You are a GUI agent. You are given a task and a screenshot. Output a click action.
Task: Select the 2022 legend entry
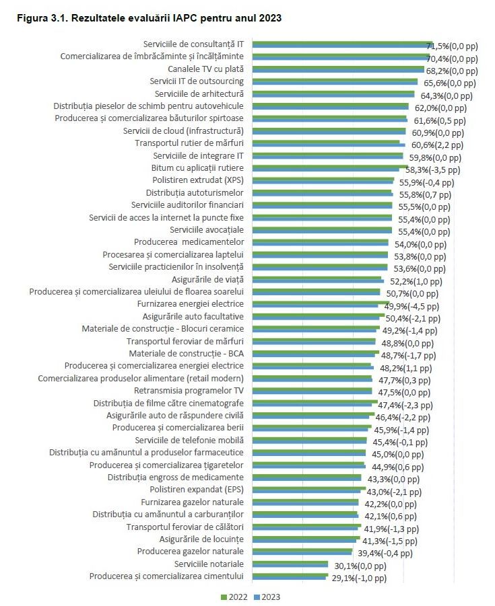[x=234, y=597]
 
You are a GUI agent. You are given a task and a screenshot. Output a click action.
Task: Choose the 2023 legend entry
[x=268, y=597]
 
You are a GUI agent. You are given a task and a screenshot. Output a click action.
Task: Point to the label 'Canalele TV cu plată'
[x=205, y=69]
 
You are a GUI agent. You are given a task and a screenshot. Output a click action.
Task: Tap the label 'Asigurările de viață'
[x=205, y=279]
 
